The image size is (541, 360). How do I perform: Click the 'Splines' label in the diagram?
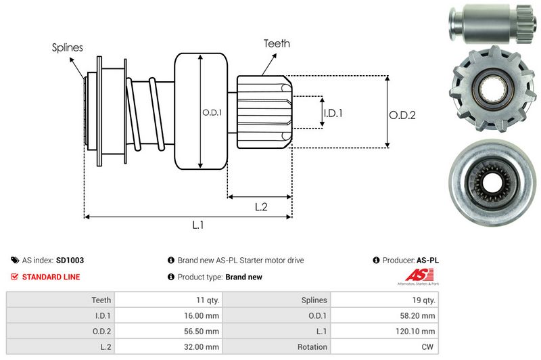68,48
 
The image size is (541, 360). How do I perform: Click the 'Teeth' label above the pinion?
277,43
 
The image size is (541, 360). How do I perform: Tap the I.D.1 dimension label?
333,113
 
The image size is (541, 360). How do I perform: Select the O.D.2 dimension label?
402,115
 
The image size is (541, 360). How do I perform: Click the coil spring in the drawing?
145,112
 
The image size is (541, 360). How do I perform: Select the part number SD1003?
70,260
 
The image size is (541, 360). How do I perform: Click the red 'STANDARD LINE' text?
51,277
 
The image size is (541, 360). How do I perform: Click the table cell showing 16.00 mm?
203,315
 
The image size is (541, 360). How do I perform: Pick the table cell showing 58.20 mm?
419,315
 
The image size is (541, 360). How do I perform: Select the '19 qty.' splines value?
423,300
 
